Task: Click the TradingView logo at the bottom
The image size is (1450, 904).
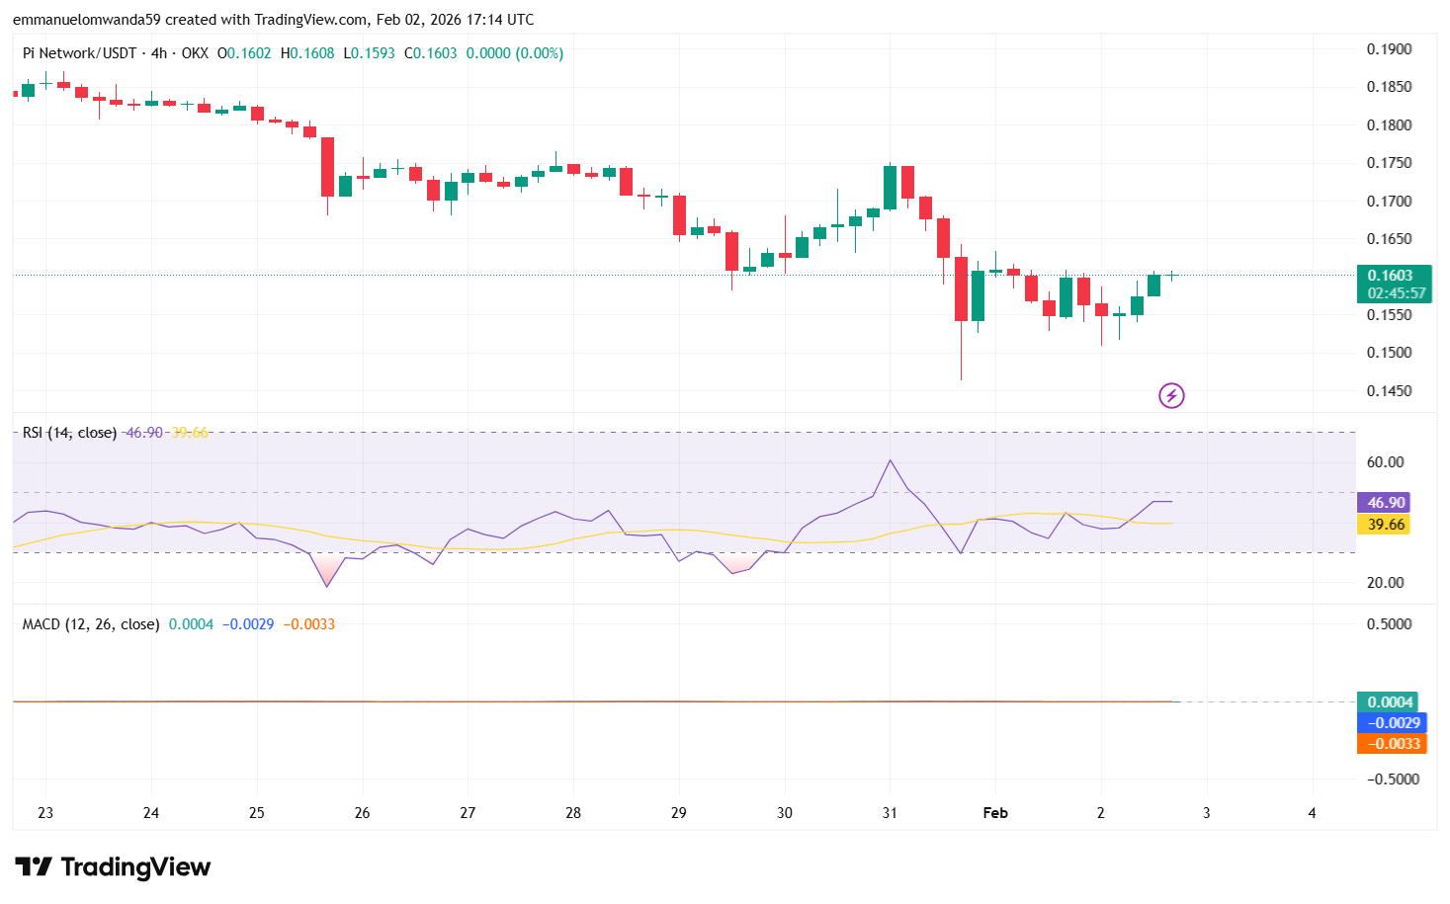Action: [x=113, y=866]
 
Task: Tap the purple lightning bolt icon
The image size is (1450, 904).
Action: [x=1171, y=396]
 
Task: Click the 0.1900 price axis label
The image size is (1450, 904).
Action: [x=1389, y=49]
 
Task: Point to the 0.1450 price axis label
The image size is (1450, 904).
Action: [x=1389, y=391]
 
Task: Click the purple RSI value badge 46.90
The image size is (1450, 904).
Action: [x=1385, y=503]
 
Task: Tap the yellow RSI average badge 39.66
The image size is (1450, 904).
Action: [x=1385, y=525]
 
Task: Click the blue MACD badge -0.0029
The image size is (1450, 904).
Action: [x=1392, y=723]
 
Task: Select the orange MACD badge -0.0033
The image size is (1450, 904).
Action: [x=1392, y=744]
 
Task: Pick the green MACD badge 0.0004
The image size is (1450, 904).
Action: [x=1389, y=702]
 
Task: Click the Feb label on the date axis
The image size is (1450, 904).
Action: [x=995, y=813]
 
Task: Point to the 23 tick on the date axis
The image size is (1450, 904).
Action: [x=45, y=813]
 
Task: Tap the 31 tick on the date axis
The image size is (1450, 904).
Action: [x=890, y=813]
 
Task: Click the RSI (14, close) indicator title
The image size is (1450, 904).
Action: [x=69, y=433]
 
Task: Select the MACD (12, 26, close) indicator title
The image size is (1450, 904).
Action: [x=91, y=624]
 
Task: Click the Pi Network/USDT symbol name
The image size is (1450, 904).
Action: [x=79, y=53]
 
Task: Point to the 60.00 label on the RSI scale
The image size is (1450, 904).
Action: [x=1385, y=462]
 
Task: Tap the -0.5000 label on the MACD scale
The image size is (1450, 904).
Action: [x=1392, y=780]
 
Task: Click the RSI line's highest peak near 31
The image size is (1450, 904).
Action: [x=891, y=460]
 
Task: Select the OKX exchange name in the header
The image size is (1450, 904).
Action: [x=195, y=53]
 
